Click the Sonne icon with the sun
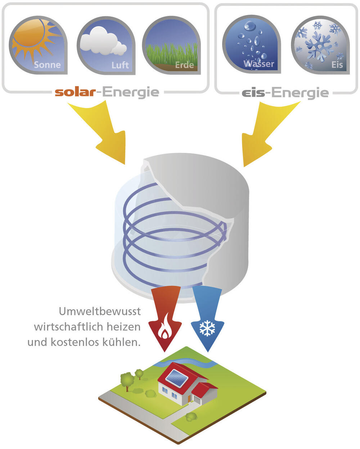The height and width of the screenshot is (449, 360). click(x=38, y=45)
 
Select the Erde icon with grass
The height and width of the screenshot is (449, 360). click(x=171, y=45)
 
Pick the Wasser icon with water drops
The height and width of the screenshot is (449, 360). click(x=251, y=45)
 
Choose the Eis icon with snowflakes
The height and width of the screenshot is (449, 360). click(x=320, y=45)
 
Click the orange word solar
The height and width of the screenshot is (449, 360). click(x=75, y=92)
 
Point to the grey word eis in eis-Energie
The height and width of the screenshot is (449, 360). click(x=253, y=93)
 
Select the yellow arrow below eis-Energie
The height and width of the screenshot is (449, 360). click(x=265, y=133)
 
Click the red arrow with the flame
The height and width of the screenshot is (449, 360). click(x=165, y=317)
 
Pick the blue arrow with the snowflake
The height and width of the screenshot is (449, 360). click(x=207, y=317)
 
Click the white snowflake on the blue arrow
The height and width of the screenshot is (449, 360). click(x=207, y=328)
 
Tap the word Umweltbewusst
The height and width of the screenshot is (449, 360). click(x=100, y=311)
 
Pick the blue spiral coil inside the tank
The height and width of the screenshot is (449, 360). click(x=169, y=234)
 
